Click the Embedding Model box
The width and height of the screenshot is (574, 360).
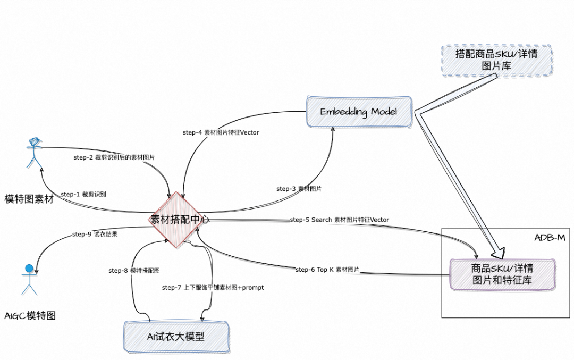pyautogui.click(x=359, y=112)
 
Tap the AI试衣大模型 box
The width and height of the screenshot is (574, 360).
pyautogui.click(x=176, y=336)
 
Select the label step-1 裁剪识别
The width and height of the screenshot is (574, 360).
pyautogui.click(x=83, y=194)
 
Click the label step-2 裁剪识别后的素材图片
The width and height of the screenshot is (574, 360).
pyautogui.click(x=114, y=157)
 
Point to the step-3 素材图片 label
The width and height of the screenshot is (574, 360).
pyautogui.click(x=299, y=189)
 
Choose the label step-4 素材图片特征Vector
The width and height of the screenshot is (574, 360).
pyautogui.click(x=221, y=132)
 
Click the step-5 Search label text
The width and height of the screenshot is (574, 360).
pyautogui.click(x=339, y=220)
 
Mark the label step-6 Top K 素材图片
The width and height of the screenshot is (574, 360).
pyautogui.click(x=327, y=270)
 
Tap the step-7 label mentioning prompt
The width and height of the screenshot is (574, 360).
pyautogui.click(x=213, y=287)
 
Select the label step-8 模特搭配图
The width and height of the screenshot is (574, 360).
pyautogui.click(x=134, y=271)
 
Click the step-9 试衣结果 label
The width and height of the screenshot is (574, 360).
pyautogui.click(x=95, y=234)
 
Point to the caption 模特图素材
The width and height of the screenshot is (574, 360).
pyautogui.click(x=29, y=199)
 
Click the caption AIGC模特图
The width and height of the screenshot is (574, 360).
pyautogui.click(x=30, y=316)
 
